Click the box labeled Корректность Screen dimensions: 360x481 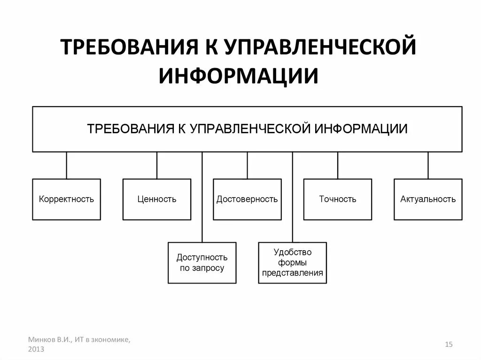(66, 199)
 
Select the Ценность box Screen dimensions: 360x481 (157, 199)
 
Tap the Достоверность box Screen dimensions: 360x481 (247, 199)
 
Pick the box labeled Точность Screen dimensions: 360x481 (337, 199)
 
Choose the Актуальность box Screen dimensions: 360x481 (428, 199)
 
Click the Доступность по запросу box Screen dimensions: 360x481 (202, 263)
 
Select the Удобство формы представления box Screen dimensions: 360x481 (292, 263)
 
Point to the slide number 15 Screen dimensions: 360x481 (449, 345)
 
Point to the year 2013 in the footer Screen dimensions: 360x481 (36, 349)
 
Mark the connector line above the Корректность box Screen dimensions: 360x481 (66, 165)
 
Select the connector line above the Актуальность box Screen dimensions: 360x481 (428, 165)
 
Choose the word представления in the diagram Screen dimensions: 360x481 (292, 273)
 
